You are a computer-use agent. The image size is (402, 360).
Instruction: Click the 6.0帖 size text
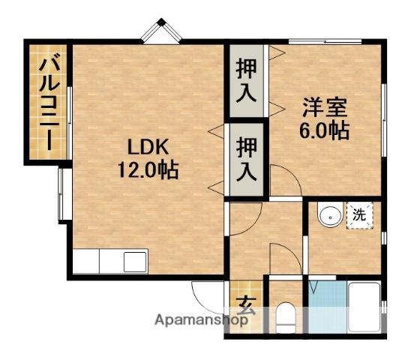(324, 130)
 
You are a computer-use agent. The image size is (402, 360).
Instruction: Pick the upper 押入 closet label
(246, 79)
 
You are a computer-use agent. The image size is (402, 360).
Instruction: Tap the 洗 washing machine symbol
(359, 215)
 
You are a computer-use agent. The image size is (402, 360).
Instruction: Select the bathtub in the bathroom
(365, 307)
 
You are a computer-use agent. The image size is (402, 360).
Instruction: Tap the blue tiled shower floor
(328, 307)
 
